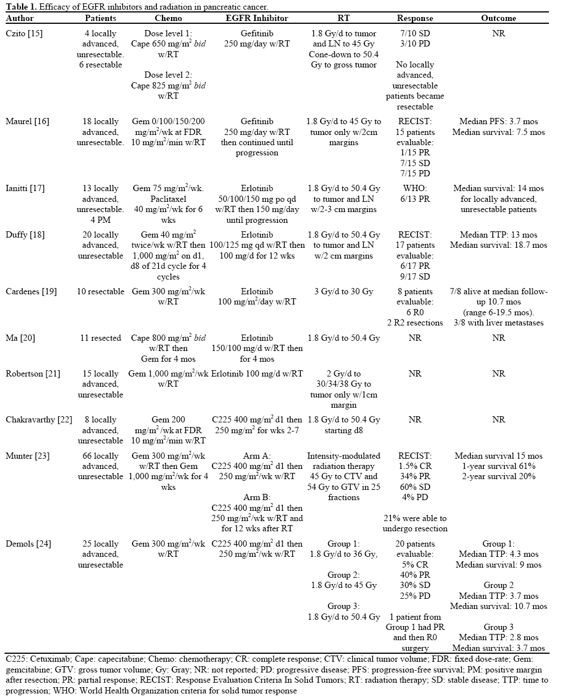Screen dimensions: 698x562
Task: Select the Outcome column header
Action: point(499,18)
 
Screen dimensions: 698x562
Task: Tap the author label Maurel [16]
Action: point(27,121)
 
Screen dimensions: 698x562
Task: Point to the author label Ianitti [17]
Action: point(26,188)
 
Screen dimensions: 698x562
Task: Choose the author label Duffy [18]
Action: point(25,235)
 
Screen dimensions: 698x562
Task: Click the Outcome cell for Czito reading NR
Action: point(499,33)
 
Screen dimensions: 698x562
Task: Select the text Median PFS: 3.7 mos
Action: point(499,121)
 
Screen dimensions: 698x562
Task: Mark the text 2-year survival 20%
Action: point(499,476)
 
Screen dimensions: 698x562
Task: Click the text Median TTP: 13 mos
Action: point(499,235)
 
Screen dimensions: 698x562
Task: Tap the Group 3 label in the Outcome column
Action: point(499,627)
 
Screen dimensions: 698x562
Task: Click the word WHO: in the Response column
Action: point(415,188)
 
